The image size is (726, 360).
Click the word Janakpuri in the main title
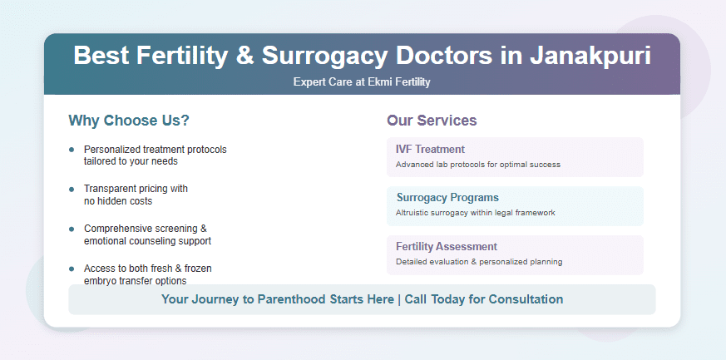click(x=590, y=56)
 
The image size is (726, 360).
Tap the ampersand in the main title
click(x=245, y=56)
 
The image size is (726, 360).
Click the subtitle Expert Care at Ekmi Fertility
click(x=362, y=82)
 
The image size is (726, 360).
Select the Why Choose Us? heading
click(x=129, y=121)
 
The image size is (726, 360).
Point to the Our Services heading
click(x=432, y=121)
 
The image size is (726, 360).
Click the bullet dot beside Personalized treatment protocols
click(x=72, y=150)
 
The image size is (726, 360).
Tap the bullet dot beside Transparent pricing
click(x=72, y=190)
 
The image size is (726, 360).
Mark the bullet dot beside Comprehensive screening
click(x=72, y=229)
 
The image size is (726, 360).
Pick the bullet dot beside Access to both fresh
click(x=72, y=269)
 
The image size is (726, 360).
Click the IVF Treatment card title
click(x=430, y=149)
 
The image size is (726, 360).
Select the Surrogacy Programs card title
click(x=447, y=198)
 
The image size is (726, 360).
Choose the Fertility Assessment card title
click(x=447, y=246)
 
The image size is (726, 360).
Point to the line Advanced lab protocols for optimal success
click(x=478, y=165)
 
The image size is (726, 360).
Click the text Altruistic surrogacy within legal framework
click(x=476, y=213)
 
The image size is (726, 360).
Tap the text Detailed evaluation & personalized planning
click(x=479, y=261)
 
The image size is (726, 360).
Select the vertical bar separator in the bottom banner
click(x=399, y=299)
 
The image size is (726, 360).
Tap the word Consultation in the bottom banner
click(x=526, y=299)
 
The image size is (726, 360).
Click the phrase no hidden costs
click(x=118, y=201)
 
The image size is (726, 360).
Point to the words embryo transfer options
click(x=136, y=281)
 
